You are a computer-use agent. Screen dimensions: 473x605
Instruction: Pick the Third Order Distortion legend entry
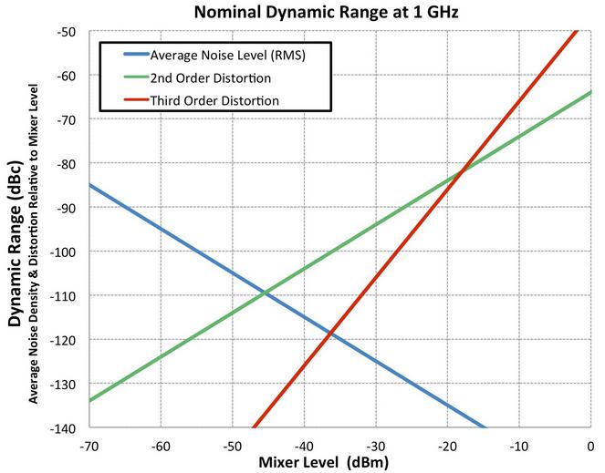pos(214,99)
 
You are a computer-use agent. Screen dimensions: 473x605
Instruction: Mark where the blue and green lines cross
pos(266,293)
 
